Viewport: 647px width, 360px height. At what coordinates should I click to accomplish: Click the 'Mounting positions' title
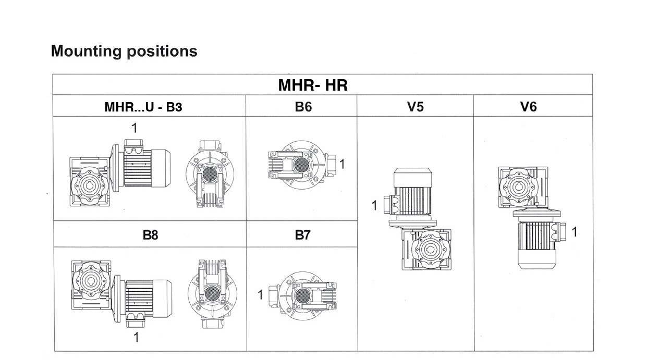tap(124, 51)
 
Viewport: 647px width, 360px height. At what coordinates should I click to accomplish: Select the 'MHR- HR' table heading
tap(312, 85)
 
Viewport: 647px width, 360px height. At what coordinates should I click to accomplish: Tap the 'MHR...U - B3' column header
tap(143, 107)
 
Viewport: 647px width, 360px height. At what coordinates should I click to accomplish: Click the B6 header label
tap(303, 106)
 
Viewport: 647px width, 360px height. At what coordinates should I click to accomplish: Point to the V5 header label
tap(415, 106)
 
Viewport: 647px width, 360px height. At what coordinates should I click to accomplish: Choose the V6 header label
tap(528, 106)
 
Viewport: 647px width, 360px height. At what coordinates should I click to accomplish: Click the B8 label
tap(150, 235)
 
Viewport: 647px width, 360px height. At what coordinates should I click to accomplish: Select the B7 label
tap(302, 235)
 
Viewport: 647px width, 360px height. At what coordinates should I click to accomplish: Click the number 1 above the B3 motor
tap(135, 128)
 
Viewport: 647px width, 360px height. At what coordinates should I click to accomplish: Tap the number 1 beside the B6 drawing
tap(342, 164)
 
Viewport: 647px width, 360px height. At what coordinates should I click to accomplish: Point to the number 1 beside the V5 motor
tap(374, 206)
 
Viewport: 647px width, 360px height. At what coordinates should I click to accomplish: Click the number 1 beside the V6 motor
tap(574, 232)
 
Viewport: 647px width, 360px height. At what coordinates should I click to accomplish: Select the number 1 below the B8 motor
tap(136, 337)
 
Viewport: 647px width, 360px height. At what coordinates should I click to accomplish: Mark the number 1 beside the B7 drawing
tap(260, 295)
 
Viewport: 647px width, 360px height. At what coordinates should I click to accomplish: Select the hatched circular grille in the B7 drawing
tap(302, 296)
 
